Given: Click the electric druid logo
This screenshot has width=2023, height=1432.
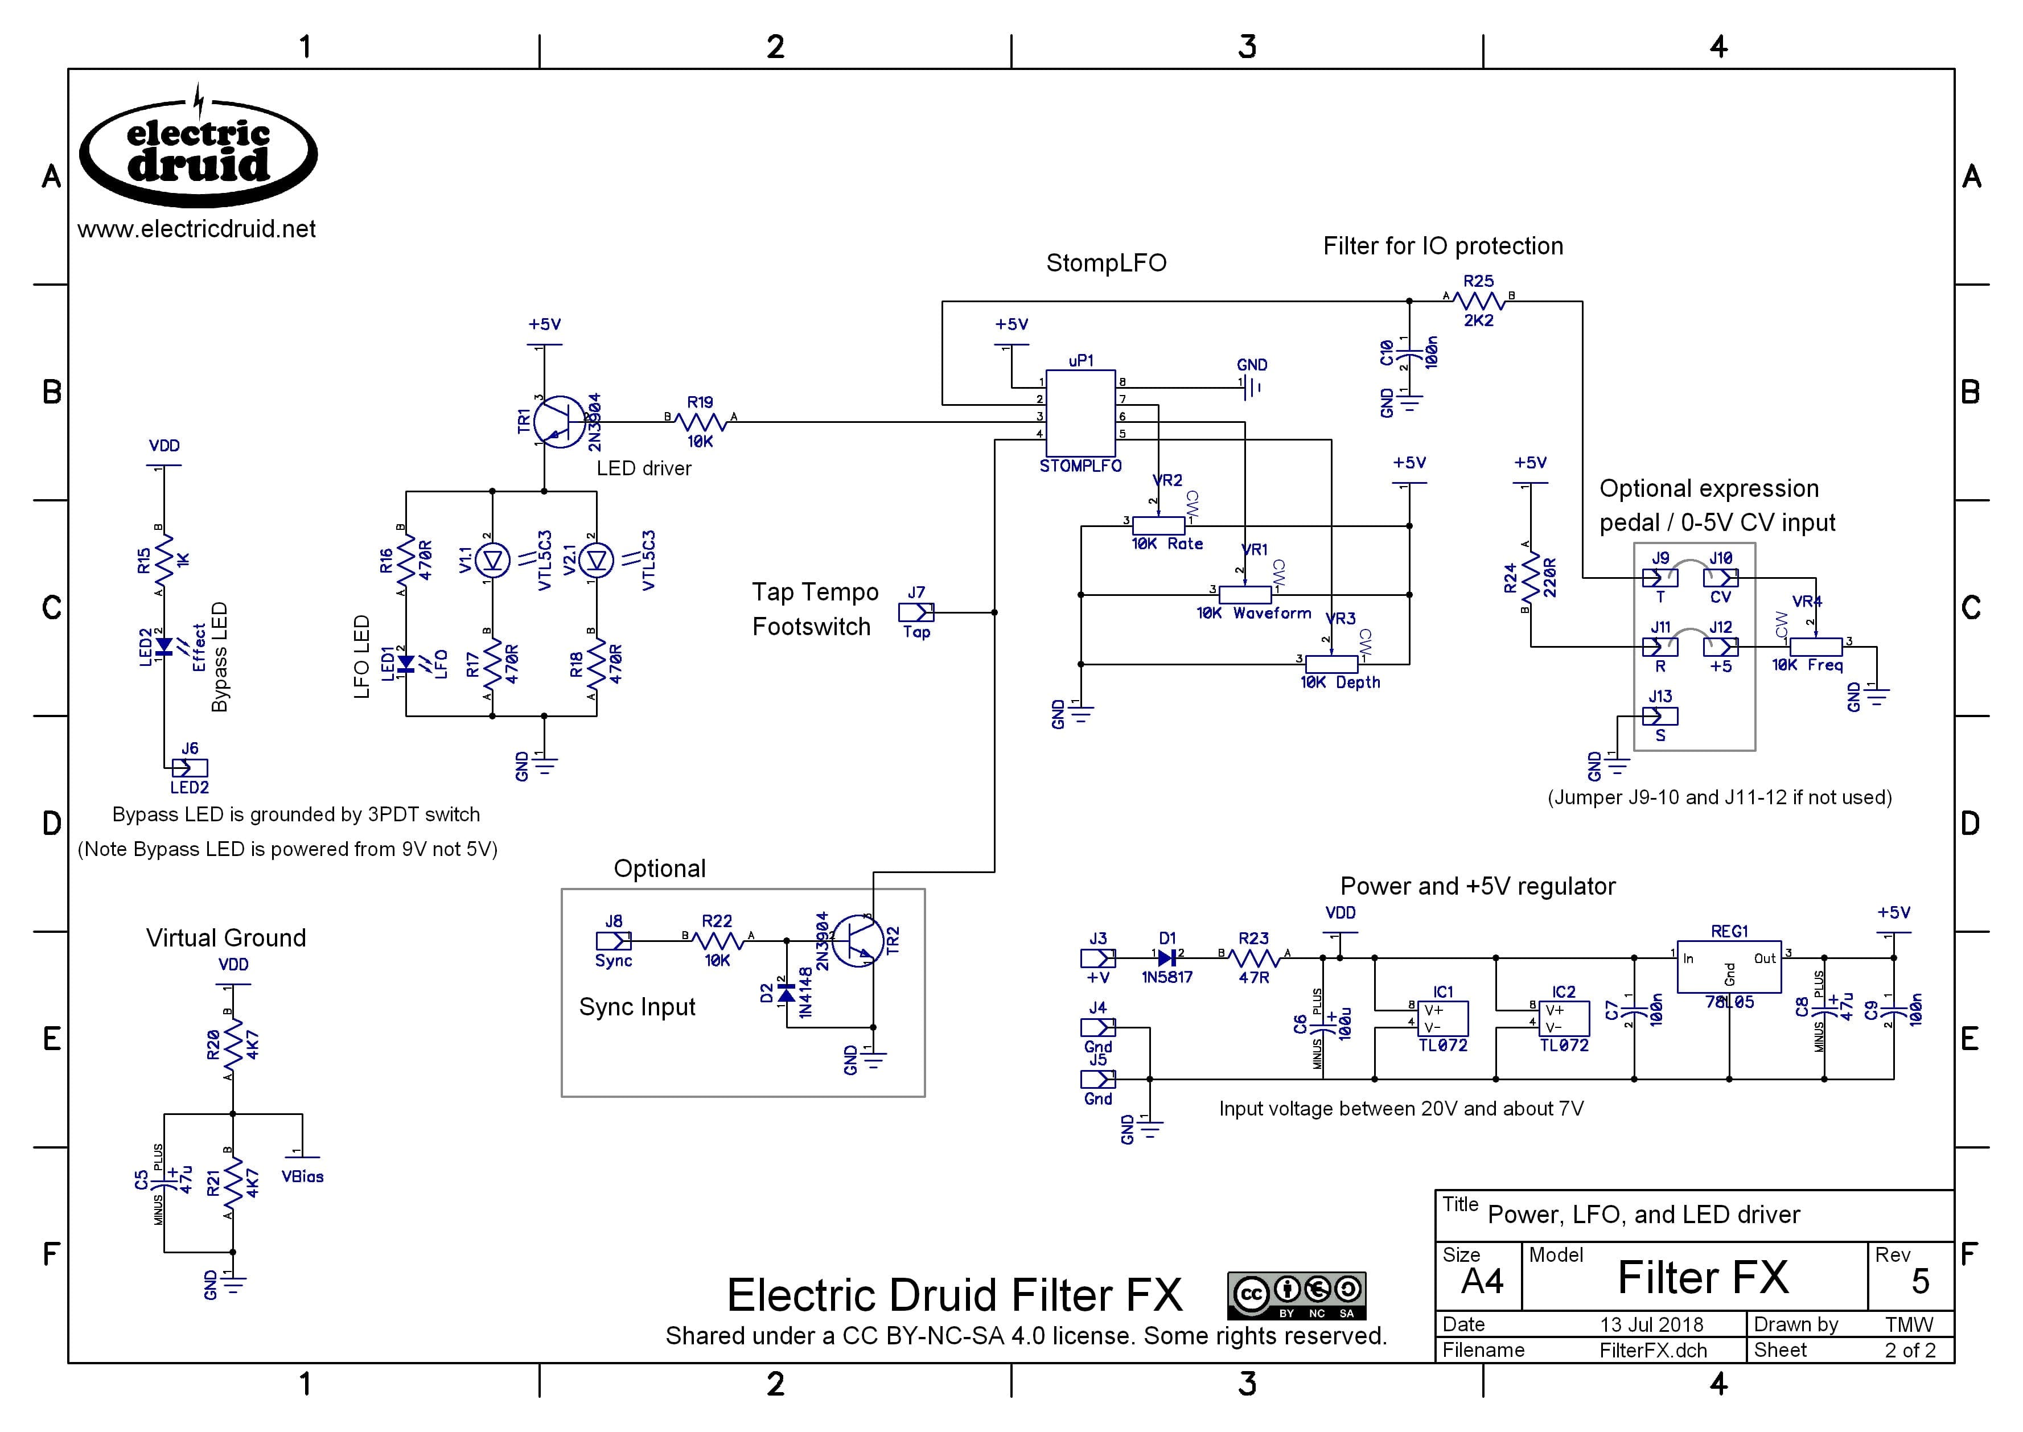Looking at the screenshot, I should [199, 150].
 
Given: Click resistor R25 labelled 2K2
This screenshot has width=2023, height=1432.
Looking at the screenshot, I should [1478, 301].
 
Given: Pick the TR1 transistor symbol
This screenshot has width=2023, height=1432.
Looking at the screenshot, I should [561, 422].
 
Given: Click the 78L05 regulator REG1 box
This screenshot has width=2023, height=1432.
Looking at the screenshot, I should [1729, 966].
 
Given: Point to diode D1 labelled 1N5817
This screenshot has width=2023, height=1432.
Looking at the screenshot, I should [1167, 957].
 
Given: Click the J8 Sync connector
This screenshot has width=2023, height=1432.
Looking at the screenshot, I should [614, 941].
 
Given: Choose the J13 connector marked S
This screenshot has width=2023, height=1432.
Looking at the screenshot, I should [1660, 716].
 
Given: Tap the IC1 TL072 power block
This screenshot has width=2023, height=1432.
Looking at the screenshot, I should [1443, 1018].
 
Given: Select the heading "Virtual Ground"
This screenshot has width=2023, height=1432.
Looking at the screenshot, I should [226, 937].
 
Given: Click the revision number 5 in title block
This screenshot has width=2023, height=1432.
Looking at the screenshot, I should [1920, 1281].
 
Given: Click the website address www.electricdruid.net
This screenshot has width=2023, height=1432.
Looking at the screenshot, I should [196, 229].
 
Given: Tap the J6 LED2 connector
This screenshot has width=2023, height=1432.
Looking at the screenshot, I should [190, 768].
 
